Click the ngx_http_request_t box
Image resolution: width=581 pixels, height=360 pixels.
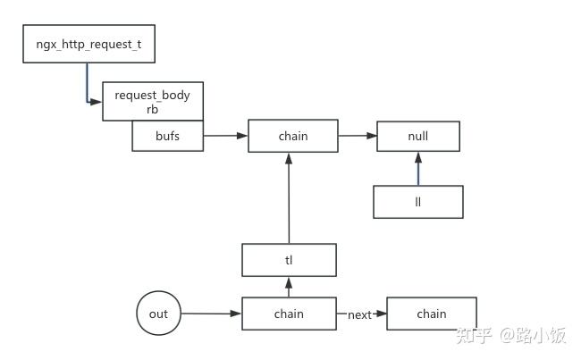coord(88,45)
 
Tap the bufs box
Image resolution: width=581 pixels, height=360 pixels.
coord(167,137)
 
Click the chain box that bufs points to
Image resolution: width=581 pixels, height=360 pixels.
coord(292,137)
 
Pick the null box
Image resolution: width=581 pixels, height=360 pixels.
coord(417,137)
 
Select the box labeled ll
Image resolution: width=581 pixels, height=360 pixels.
coord(417,202)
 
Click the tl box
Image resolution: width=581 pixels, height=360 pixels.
coord(289,261)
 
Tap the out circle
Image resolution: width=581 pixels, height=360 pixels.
coord(158,314)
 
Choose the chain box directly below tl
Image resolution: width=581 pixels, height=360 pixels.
coord(289,314)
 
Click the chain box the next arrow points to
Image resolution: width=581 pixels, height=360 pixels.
coord(432,314)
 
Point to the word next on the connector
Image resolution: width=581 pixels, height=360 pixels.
coord(359,314)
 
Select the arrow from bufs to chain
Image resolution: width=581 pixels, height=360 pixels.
coord(225,137)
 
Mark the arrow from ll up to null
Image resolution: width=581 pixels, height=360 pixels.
coord(417,169)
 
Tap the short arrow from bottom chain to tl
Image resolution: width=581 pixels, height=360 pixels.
coord(289,287)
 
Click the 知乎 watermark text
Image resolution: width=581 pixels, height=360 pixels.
coord(472,336)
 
